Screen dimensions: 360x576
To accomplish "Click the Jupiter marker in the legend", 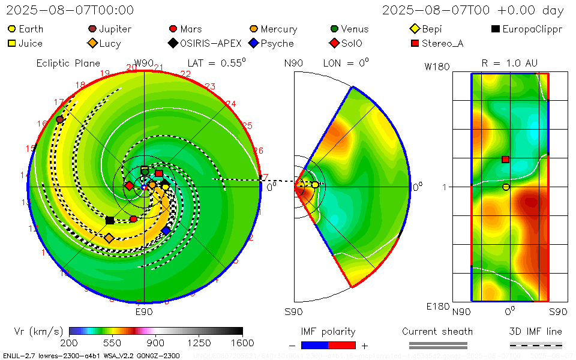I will (x=92, y=29).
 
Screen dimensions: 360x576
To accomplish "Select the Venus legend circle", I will (x=334, y=29).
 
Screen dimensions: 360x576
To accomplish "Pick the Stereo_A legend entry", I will (x=415, y=43).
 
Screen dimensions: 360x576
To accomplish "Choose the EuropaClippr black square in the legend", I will (x=495, y=29).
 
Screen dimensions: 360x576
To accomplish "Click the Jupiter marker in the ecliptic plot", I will (x=59, y=119).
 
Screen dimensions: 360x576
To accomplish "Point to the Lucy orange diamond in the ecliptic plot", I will (x=109, y=238).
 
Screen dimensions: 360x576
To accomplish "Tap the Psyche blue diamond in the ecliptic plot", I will (x=166, y=230).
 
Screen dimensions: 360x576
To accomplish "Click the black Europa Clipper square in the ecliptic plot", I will (x=110, y=220).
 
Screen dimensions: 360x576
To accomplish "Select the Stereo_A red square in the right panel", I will (x=506, y=159).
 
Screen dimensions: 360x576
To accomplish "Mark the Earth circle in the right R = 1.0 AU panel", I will (x=506, y=187).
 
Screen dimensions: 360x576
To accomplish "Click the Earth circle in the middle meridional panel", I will (x=315, y=185).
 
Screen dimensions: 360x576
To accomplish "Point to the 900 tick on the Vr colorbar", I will (x=156, y=331).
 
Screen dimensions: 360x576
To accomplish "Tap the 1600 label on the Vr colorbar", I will (x=242, y=343).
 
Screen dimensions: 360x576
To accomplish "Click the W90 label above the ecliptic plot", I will (x=144, y=63).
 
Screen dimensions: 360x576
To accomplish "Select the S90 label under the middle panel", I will (x=293, y=312).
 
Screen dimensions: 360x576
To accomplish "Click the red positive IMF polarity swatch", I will (x=342, y=345).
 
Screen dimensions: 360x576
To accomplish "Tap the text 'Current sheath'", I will (x=437, y=331).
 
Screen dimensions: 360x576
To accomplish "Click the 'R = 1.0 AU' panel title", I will (x=509, y=63).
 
